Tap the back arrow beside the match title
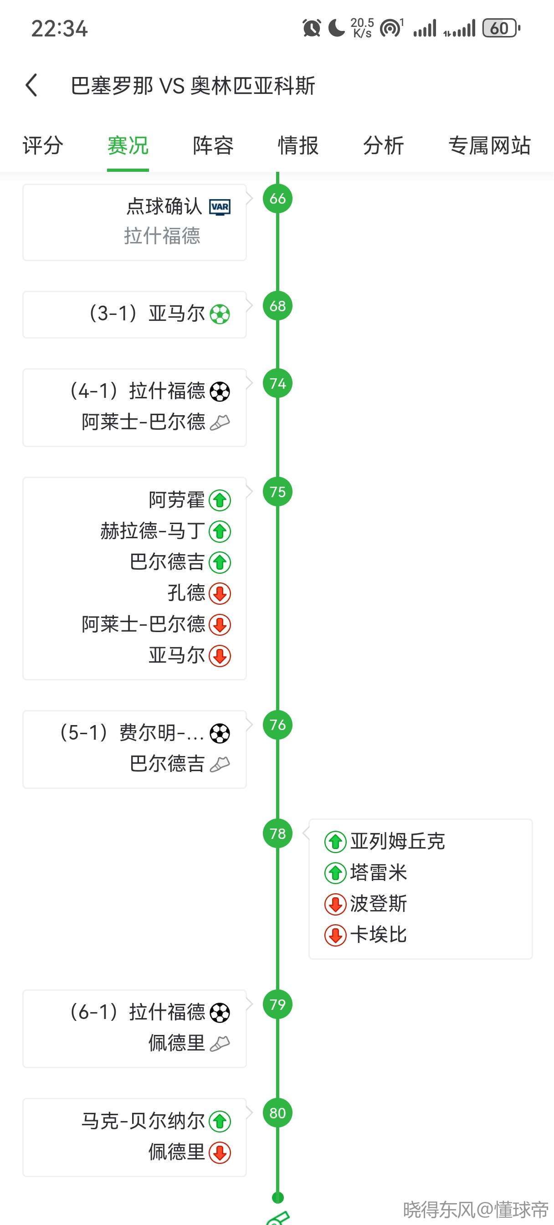[x=31, y=86]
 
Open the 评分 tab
[x=43, y=145]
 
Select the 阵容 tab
[x=213, y=145]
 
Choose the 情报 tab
[x=298, y=145]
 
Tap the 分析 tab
[x=383, y=145]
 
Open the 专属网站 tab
[x=489, y=145]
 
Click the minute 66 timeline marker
[x=278, y=199]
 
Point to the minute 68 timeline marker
[x=278, y=306]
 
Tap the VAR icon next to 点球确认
[x=220, y=207]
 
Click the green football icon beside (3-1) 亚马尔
[x=220, y=314]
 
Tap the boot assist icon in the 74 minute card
[x=220, y=422]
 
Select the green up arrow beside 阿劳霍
[x=220, y=500]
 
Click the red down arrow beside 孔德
[x=220, y=593]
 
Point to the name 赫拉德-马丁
[x=152, y=531]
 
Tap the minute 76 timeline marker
[x=278, y=725]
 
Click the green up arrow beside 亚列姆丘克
[x=335, y=842]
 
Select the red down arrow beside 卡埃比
[x=335, y=935]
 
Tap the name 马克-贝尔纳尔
[x=143, y=1121]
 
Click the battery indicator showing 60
[x=501, y=29]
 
